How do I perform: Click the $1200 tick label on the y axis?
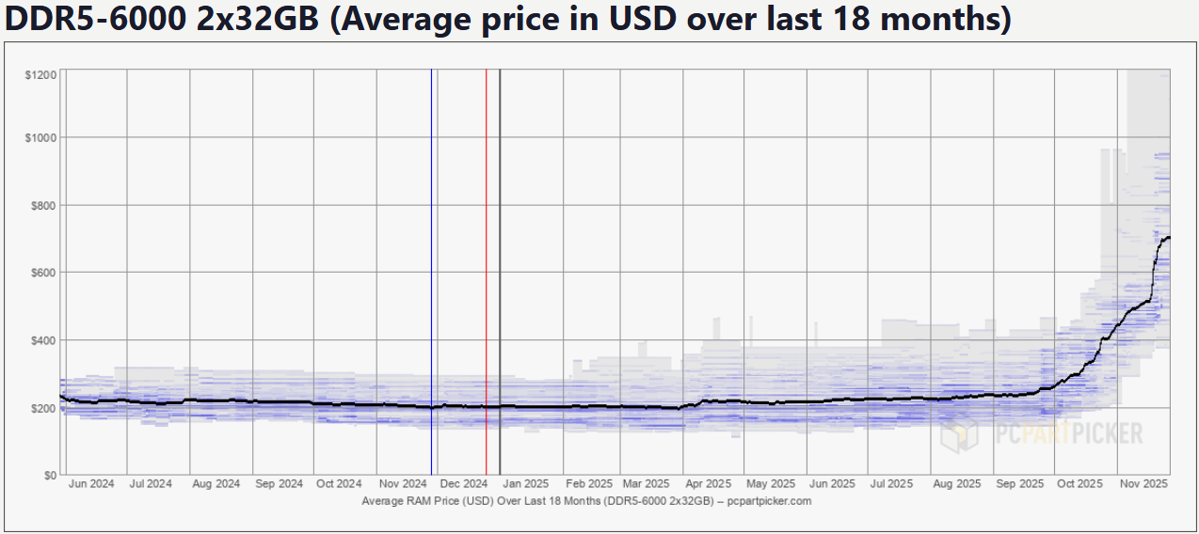(x=40, y=74)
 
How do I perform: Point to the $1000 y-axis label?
(x=40, y=137)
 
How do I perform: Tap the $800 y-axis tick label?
(x=43, y=205)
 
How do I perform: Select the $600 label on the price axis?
(x=43, y=273)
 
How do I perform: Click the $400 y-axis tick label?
(x=43, y=340)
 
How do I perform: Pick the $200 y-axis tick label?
(x=43, y=408)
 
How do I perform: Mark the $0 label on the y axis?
(x=49, y=476)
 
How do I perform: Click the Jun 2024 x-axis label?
(x=91, y=484)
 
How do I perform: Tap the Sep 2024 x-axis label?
(x=279, y=484)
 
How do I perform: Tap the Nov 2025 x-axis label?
(x=1143, y=484)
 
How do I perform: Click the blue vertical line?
(x=431, y=282)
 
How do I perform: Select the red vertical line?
(x=486, y=282)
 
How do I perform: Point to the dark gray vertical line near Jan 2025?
(x=500, y=282)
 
